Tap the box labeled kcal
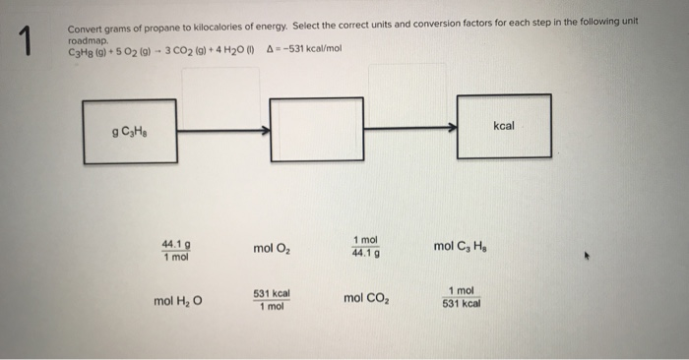(x=504, y=126)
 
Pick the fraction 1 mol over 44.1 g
(x=365, y=247)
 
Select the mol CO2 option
(x=366, y=297)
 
